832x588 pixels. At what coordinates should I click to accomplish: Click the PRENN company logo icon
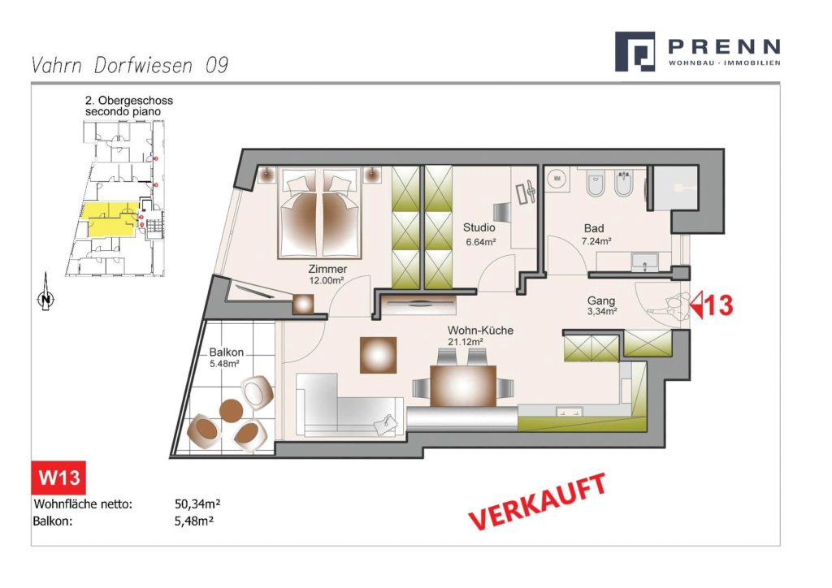[634, 51]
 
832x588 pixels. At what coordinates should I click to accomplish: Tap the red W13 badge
[58, 478]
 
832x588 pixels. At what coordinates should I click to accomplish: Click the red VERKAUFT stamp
[537, 501]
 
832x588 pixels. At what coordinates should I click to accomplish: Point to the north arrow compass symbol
[46, 292]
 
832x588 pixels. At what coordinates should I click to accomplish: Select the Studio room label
[479, 227]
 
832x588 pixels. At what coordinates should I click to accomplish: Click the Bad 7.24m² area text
[596, 240]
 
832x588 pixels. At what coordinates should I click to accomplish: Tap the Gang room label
[600, 300]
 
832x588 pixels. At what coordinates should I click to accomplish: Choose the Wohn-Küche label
[480, 331]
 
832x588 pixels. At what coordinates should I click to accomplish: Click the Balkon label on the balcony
[226, 352]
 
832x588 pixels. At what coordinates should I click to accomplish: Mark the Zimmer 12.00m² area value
[327, 280]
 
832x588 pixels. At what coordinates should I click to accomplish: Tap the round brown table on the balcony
[232, 410]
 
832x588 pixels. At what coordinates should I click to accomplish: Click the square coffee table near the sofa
[379, 355]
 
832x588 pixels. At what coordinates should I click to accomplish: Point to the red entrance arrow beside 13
[696, 305]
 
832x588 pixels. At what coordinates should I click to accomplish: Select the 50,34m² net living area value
[197, 504]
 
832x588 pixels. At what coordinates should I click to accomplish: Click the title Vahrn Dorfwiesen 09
[130, 65]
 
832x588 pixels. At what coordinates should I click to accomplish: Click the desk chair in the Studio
[501, 212]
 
